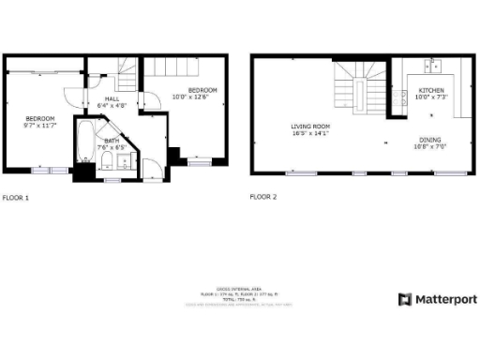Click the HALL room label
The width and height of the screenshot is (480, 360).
click(112, 98)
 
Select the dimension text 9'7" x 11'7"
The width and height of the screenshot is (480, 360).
click(40, 125)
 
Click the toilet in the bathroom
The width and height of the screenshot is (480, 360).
click(108, 163)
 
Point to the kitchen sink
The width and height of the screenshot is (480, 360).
click(434, 66)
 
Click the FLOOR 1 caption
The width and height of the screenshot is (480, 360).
click(16, 198)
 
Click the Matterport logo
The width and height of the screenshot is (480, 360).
click(437, 299)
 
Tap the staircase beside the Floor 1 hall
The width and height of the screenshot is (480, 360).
click(128, 68)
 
